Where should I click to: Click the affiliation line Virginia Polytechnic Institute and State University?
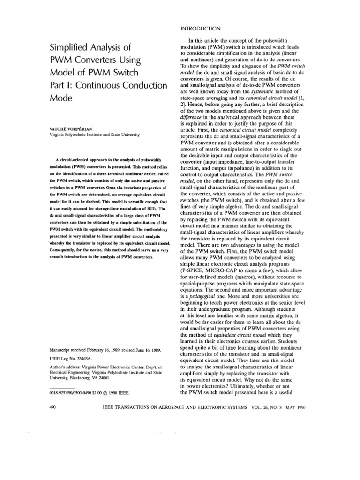pyautogui.click(x=94, y=135)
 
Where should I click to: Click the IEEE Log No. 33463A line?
pyautogui.click(x=71, y=358)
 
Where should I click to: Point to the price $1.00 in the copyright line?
pyautogui.click(x=97, y=390)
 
